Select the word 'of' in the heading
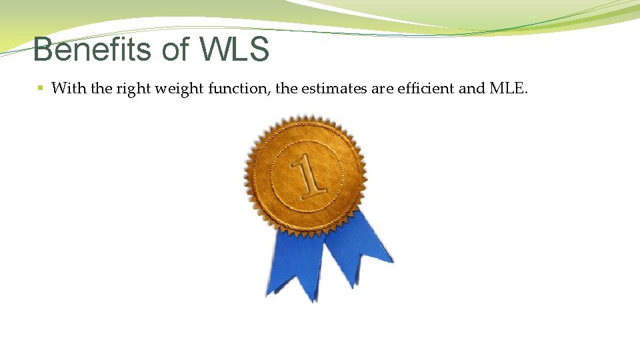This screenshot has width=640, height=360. (175, 49)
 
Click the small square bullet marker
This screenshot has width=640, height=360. (41, 88)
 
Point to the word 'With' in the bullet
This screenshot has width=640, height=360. (69, 88)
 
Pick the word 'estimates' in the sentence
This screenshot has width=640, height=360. (331, 88)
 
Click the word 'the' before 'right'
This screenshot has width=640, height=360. (102, 88)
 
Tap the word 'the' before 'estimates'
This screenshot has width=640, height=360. (286, 88)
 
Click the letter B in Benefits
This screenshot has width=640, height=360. (42, 49)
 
